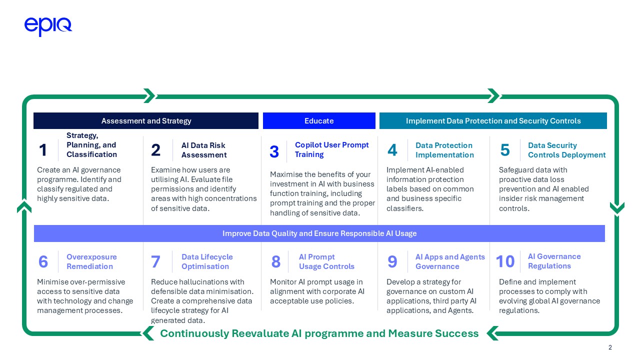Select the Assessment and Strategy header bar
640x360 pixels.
(146, 121)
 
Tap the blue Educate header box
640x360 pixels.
(319, 121)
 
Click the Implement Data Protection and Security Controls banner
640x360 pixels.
(493, 121)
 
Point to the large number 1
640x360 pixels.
(43, 150)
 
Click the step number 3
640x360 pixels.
(274, 152)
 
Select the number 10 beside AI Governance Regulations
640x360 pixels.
(505, 261)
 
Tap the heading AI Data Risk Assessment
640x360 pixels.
(203, 150)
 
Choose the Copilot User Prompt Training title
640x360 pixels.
(331, 149)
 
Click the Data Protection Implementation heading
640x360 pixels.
(444, 150)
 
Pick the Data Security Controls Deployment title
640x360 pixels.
(566, 150)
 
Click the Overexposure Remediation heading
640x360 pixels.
(91, 261)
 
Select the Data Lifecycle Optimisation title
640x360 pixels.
(207, 261)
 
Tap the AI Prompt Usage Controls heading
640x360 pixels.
(326, 261)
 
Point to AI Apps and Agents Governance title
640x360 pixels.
(450, 261)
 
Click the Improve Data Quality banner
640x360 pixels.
(319, 233)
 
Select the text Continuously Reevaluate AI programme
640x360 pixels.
(319, 333)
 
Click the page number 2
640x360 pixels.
(610, 348)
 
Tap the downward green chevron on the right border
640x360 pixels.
(617, 208)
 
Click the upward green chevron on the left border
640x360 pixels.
(24, 206)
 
